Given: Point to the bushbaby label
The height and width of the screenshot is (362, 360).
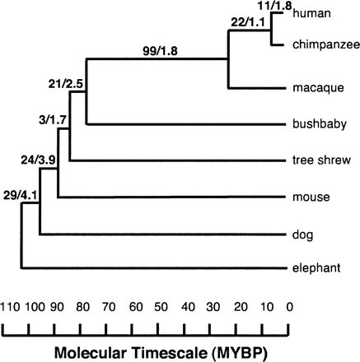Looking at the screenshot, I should tap(317, 124).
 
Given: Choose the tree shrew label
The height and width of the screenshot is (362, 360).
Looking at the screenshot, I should tap(319, 160).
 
